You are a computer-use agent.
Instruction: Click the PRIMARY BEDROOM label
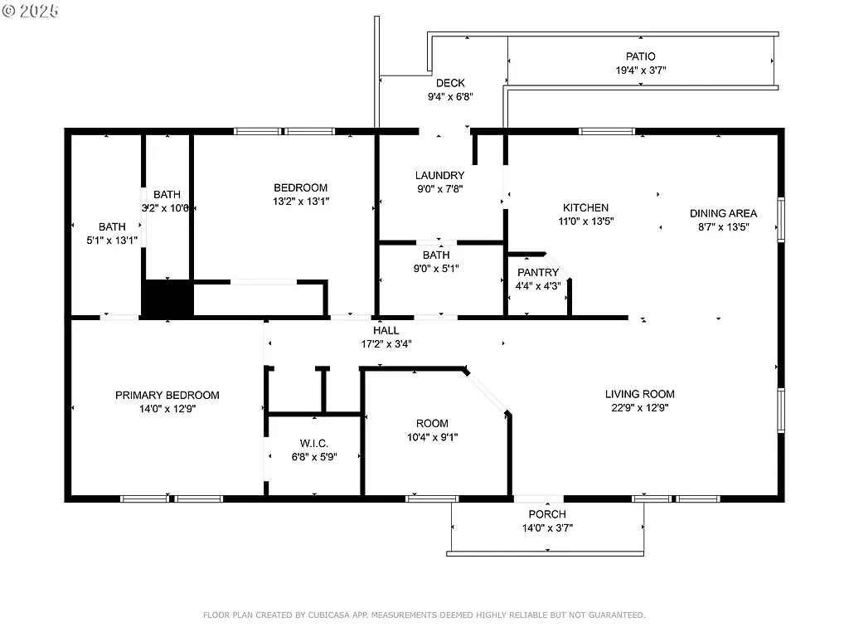167,395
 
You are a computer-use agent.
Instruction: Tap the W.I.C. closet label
313,443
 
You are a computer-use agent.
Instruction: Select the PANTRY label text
538,273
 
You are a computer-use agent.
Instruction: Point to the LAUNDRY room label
439,175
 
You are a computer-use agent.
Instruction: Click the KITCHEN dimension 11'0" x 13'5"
586,221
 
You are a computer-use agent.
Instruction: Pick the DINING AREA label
723,213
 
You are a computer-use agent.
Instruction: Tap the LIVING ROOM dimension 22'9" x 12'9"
639,408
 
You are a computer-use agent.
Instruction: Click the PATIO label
640,56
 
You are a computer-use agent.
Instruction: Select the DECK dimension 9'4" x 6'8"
450,97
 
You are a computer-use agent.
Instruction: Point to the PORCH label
547,514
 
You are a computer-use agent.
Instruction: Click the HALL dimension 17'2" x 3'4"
386,343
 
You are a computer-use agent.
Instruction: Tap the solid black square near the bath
167,299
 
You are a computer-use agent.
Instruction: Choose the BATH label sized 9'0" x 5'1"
436,255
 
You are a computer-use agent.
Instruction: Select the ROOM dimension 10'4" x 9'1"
432,437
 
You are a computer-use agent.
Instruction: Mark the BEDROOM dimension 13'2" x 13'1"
301,202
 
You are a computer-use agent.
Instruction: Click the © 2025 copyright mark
31,11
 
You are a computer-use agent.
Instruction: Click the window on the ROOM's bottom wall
432,498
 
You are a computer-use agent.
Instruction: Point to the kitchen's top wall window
606,131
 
